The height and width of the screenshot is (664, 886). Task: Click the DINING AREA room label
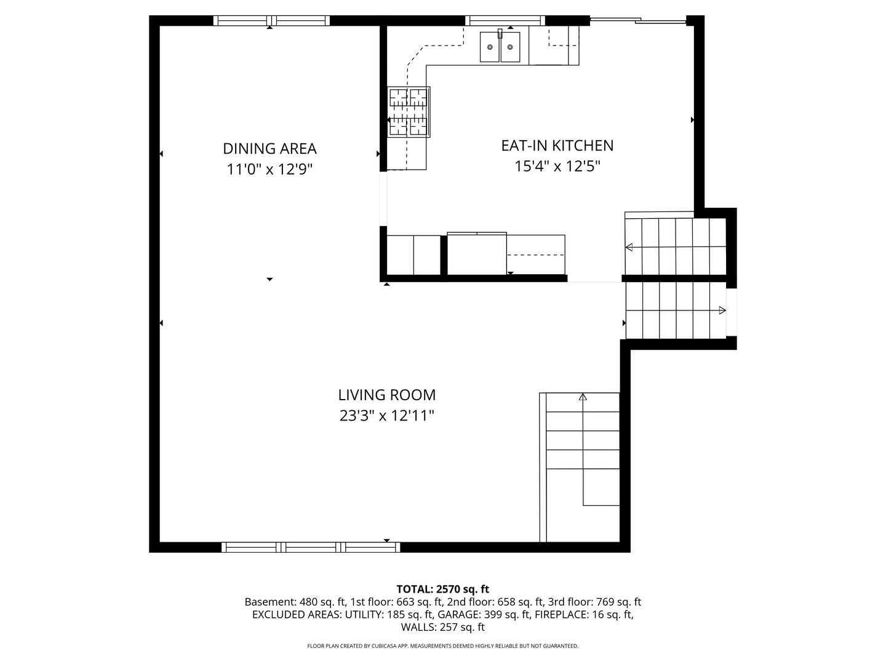tap(269, 149)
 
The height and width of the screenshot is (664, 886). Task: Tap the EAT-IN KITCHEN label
tap(557, 146)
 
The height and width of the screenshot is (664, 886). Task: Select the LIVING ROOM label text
tap(386, 395)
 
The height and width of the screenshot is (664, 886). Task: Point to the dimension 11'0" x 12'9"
tap(269, 169)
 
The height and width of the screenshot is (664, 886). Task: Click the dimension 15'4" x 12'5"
tap(557, 166)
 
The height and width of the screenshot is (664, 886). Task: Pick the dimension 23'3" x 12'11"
tap(386, 416)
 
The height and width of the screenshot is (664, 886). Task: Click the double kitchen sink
tap(500, 46)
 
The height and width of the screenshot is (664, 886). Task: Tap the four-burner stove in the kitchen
tap(409, 112)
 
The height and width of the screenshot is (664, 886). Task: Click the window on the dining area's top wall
tap(271, 20)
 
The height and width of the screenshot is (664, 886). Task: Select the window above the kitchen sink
tap(505, 20)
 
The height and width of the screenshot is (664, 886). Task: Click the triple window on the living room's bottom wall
tap(311, 547)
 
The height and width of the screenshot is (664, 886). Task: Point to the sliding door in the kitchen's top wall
tap(638, 20)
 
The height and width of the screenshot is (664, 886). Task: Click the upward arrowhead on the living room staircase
tap(583, 397)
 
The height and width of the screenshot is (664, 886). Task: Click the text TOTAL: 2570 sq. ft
tap(443, 590)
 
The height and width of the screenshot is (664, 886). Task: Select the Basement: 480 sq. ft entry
tap(295, 603)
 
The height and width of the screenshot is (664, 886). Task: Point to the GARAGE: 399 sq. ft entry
tap(484, 615)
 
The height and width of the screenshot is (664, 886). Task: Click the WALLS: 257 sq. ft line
tap(443, 627)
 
